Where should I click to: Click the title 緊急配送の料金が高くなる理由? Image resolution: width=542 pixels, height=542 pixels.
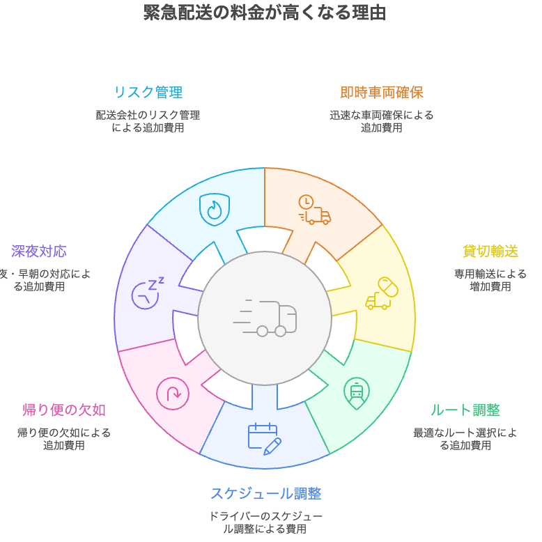pos(265,13)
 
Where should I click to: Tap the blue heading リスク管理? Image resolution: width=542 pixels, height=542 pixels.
pos(148,93)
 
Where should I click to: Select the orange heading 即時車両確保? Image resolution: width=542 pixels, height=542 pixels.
pos(381,93)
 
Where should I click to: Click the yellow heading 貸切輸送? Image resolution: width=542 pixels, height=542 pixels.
pos(490,251)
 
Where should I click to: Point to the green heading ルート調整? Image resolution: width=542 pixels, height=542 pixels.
pos(465,410)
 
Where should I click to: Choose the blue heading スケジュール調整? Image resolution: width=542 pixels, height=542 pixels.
pos(265,494)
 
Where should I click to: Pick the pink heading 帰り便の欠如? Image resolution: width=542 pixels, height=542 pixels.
pos(64,410)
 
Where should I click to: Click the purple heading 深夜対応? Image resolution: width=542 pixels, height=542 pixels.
pos(39,251)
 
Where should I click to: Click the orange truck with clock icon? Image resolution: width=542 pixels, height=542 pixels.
pos(314,210)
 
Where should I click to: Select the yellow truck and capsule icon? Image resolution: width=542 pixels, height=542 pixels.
pos(382,293)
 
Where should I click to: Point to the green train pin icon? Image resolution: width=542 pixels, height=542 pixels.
pos(357,393)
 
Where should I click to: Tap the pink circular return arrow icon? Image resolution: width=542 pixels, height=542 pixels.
pos(173,393)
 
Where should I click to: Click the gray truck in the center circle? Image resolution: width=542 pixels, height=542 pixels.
pos(265,319)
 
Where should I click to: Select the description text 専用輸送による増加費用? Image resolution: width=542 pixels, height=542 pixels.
pos(490,280)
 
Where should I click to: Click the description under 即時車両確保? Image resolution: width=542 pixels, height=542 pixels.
pos(381,121)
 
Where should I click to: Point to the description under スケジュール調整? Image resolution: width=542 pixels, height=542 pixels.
pos(265,522)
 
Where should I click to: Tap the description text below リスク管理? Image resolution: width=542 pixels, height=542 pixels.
pos(148,121)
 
